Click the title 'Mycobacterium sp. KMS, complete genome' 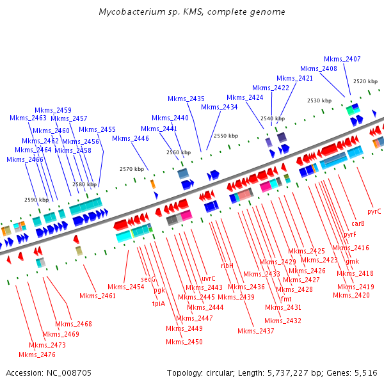[192, 12]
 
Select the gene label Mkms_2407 [342, 59]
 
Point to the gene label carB [358, 223]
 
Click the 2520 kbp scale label [365, 81]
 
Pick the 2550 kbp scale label [226, 136]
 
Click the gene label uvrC [209, 278]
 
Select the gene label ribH [227, 265]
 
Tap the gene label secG [148, 280]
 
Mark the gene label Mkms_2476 [37, 355]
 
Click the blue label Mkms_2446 [131, 138]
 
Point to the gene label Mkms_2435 [186, 99]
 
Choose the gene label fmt [286, 299]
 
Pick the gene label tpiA [159, 303]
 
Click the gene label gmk [353, 261]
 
